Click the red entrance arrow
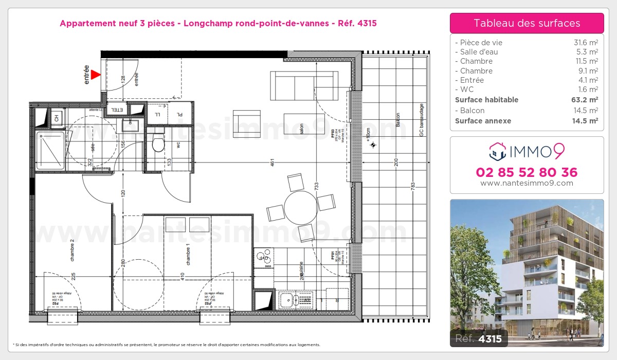[x=96, y=75]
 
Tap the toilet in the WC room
[x=158, y=143]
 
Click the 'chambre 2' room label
[x=72, y=251]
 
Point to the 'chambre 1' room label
[x=188, y=255]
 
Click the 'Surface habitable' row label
[x=486, y=100]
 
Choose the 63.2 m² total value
[x=586, y=100]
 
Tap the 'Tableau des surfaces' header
[x=527, y=23]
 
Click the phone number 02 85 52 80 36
[x=527, y=172]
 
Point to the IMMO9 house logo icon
[x=497, y=151]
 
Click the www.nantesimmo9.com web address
[x=527, y=183]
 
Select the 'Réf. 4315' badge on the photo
[x=479, y=339]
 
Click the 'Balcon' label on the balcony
[x=397, y=121]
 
